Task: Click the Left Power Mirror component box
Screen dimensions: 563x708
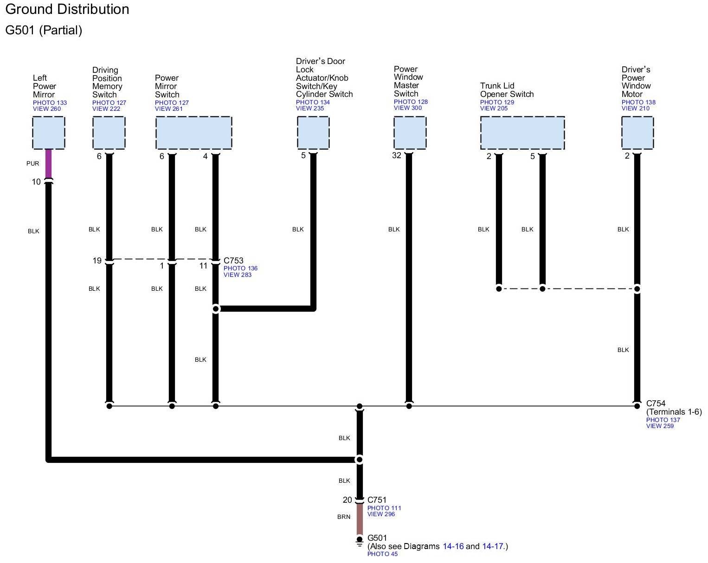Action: tap(48, 133)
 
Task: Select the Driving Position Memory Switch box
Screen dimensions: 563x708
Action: tap(109, 133)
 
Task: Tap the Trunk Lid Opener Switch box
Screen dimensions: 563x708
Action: tap(522, 133)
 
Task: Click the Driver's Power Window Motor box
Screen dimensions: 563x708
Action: tap(637, 133)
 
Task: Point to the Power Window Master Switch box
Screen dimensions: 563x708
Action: tap(410, 133)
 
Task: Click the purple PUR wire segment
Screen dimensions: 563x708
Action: tap(48, 163)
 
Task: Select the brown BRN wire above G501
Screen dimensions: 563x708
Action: tap(360, 518)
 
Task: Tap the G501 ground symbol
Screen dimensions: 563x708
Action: tap(360, 541)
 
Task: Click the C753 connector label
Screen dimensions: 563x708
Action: tap(233, 261)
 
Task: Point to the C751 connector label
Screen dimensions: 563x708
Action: tap(377, 500)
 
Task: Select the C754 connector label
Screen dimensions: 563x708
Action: tap(656, 403)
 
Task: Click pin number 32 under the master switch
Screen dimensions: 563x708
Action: tap(396, 156)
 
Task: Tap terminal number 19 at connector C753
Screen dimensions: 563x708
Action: tap(97, 261)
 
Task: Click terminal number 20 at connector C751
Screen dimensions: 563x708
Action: tap(348, 500)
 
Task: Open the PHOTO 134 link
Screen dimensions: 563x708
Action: tap(313, 102)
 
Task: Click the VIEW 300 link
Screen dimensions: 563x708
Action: tap(408, 108)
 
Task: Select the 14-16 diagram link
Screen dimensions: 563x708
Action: tap(453, 546)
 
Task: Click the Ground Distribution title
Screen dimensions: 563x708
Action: tap(67, 9)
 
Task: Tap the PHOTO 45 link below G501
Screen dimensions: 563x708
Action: tap(382, 554)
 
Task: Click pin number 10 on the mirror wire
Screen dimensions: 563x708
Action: tap(36, 182)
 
